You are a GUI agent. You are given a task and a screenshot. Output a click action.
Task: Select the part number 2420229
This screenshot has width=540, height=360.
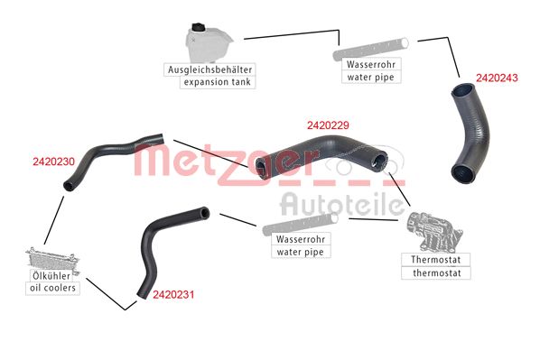329,125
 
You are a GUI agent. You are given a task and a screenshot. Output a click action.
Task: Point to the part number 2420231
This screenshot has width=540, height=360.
174,294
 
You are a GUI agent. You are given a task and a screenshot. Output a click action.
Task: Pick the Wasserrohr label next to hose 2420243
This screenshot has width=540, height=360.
370,70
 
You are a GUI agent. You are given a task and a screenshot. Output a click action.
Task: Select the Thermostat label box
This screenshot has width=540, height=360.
431,265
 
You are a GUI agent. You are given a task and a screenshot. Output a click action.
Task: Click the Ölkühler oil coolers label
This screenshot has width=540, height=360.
51,282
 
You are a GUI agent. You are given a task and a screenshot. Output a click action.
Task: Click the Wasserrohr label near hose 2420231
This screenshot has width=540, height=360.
300,245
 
